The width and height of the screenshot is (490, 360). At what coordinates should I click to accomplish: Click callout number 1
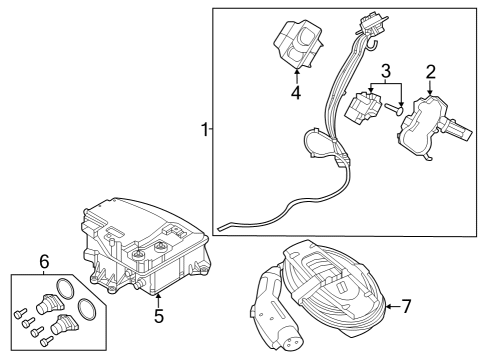coord(204,130)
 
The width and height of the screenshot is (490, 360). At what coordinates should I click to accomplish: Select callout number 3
coord(384,71)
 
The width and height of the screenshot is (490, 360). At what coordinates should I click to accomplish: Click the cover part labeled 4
coord(297,45)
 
